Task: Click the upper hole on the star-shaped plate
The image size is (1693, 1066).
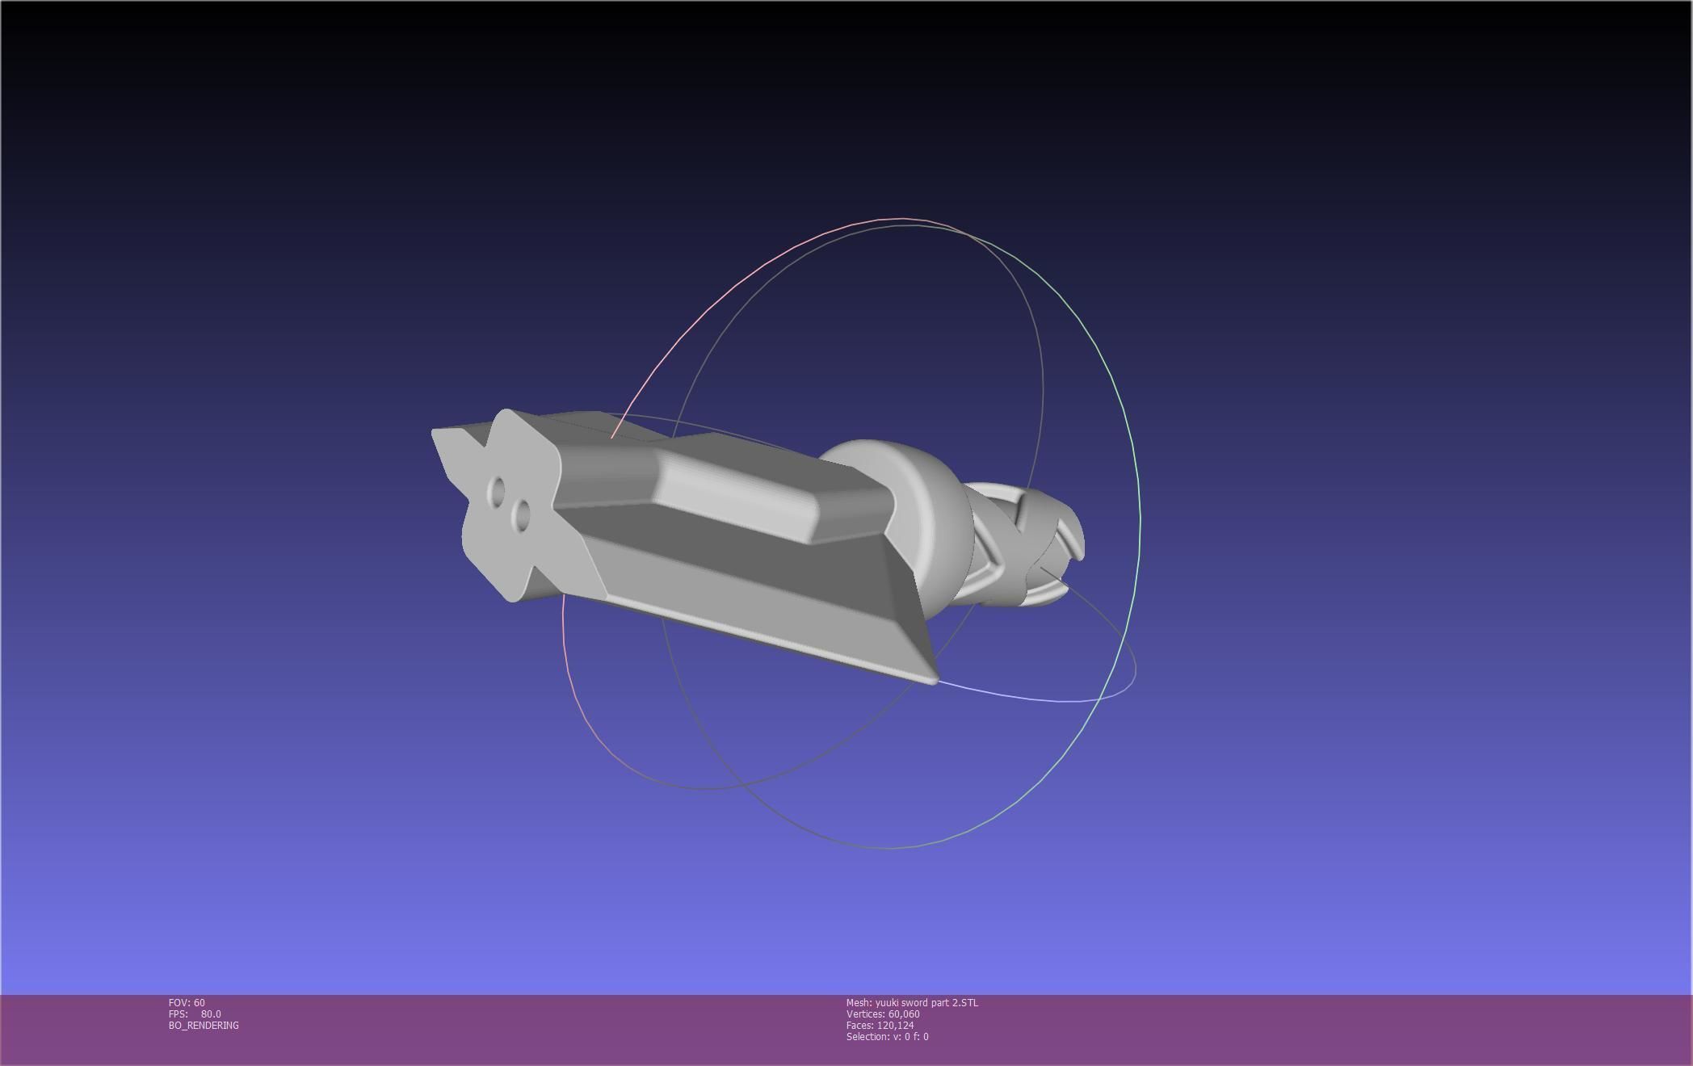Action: [x=498, y=489]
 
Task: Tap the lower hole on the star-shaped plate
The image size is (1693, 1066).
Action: [x=522, y=514]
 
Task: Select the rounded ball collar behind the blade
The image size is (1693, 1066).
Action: [x=929, y=517]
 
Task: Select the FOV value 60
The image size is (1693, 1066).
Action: [x=200, y=1003]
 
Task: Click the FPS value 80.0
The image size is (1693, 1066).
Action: [x=211, y=1014]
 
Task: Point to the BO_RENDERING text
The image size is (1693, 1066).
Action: [x=204, y=1026]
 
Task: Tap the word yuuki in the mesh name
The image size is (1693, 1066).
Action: [x=889, y=1003]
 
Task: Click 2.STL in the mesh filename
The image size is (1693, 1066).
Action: [x=964, y=1003]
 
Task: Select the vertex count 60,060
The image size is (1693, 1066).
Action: [x=904, y=1014]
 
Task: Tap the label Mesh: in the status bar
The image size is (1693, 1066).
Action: [x=859, y=1003]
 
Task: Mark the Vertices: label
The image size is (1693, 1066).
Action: [x=865, y=1014]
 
